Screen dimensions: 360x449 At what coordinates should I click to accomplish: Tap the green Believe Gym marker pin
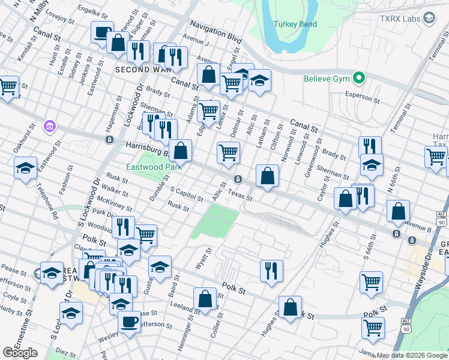point(359,78)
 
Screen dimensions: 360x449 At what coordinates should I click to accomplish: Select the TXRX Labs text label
point(400,19)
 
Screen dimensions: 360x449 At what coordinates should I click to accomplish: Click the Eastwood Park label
point(145,167)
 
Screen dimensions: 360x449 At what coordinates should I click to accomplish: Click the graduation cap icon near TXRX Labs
point(429,19)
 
